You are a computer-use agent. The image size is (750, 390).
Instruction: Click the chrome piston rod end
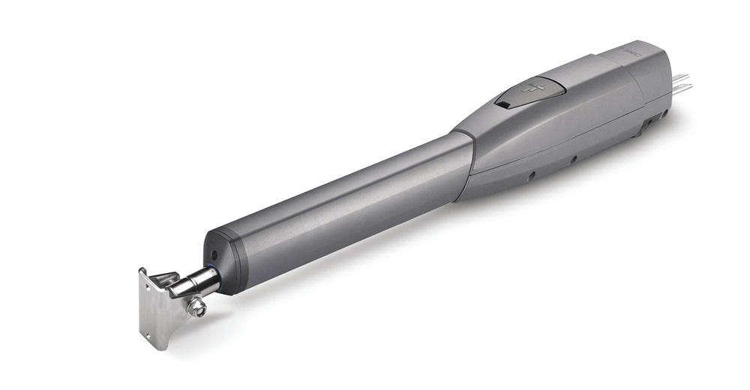191,285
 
